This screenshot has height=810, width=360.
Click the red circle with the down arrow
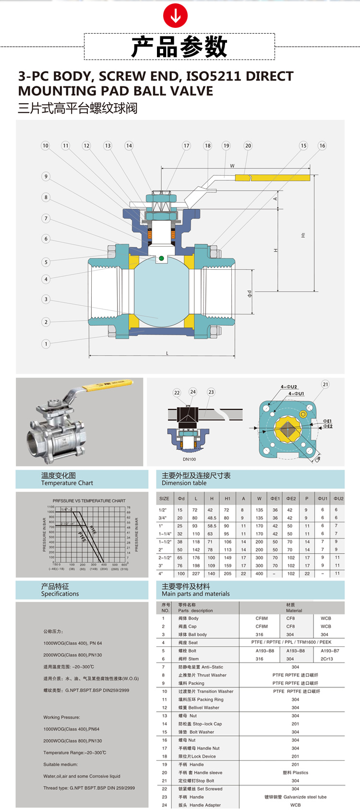point(175,17)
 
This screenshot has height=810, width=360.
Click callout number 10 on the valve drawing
point(45,145)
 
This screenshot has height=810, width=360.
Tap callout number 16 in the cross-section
point(322,145)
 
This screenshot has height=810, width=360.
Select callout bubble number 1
point(46,344)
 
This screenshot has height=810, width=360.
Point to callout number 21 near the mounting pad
point(325,384)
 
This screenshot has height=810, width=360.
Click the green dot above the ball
point(161,259)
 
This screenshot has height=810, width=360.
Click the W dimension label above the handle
point(232,166)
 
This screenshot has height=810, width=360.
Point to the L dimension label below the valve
point(168,353)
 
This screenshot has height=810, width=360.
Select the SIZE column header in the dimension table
point(164,499)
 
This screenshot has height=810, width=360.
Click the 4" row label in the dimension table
point(161,573)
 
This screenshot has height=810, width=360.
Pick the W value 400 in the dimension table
point(259,573)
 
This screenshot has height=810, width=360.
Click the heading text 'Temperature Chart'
point(67,483)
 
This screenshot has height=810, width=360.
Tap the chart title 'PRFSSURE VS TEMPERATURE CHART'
point(89,500)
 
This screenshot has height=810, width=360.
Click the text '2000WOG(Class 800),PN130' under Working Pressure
point(72,741)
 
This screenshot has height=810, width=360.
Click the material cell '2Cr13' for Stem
point(326,659)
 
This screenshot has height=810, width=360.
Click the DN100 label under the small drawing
point(189,459)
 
